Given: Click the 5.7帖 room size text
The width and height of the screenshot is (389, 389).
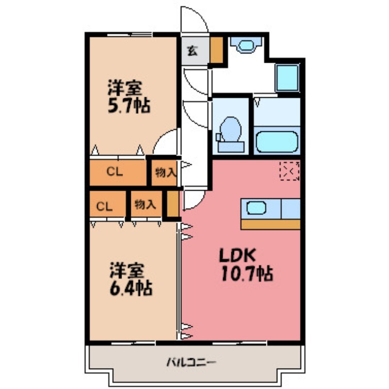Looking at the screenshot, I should pos(128,106).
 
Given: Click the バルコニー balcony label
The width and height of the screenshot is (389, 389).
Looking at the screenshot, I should pos(191,362).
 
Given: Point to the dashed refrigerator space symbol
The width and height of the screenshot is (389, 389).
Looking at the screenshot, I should pos(290,171).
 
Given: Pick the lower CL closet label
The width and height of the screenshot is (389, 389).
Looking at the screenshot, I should pos(104,206).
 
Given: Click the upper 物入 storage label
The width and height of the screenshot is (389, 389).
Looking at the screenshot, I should pos(165,172).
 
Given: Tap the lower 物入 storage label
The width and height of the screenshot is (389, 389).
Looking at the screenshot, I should pos(144,205).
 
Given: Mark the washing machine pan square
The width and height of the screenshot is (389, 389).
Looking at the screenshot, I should pos(286,77).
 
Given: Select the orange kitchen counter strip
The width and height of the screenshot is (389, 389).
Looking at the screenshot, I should pos(270,224).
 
